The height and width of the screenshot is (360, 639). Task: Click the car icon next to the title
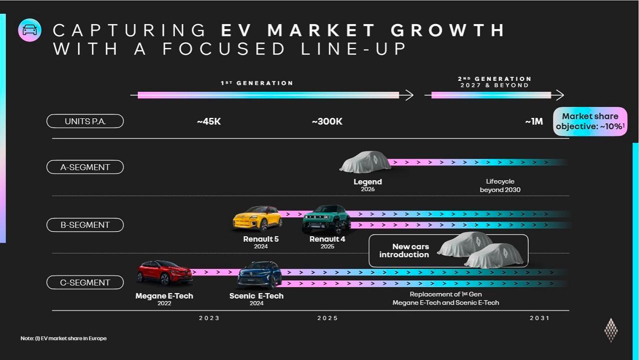[29, 30]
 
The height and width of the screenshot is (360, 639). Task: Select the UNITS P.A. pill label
[85, 121]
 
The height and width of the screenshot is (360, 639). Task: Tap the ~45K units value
[209, 121]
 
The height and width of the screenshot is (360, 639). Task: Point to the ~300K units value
[327, 121]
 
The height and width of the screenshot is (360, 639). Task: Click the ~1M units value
[534, 121]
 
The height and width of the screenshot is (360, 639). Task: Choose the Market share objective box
[590, 121]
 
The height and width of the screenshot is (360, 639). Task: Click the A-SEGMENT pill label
[85, 167]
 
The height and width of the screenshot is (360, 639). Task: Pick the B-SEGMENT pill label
[85, 225]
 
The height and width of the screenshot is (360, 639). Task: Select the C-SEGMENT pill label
[85, 283]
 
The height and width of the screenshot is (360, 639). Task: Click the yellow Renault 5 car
[258, 218]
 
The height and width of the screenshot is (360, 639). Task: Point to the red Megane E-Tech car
[164, 273]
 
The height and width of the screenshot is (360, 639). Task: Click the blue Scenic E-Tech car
[259, 274]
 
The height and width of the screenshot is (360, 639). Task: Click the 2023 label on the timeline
[209, 318]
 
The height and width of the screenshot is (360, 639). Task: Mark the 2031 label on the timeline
[539, 318]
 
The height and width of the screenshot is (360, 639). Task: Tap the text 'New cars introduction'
[404, 251]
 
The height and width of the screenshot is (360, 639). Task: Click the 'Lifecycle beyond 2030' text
[500, 185]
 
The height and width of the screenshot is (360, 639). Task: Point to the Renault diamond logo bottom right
[611, 330]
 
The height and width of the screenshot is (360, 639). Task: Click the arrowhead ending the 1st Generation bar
[409, 95]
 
